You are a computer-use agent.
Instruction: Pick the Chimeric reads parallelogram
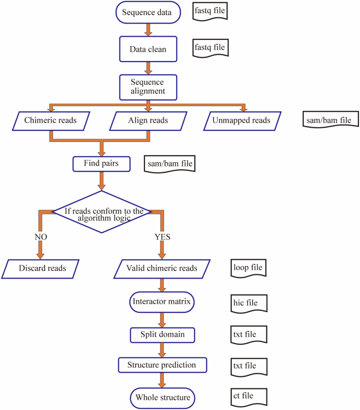pyautogui.click(x=50, y=120)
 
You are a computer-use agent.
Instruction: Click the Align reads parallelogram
pyautogui.click(x=148, y=120)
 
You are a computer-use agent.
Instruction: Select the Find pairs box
pyautogui.click(x=101, y=163)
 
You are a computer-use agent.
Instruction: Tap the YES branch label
pyautogui.click(x=163, y=237)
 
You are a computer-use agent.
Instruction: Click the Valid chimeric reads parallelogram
pyautogui.click(x=162, y=268)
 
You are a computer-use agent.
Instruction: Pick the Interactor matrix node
pyautogui.click(x=161, y=301)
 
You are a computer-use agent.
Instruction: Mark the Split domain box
pyautogui.click(x=162, y=334)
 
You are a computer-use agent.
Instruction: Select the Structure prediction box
pyautogui.click(x=162, y=364)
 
